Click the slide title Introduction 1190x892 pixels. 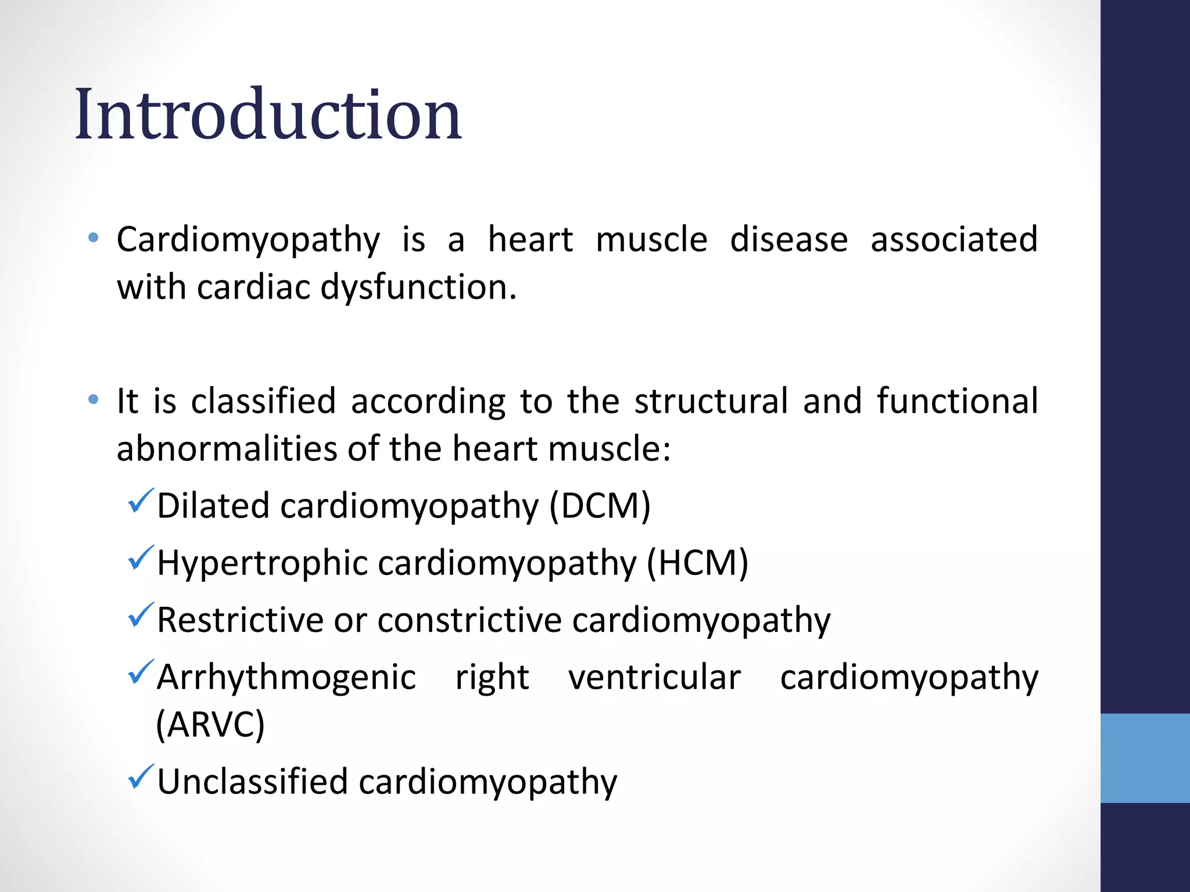268,114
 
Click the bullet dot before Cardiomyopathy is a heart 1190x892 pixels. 93,238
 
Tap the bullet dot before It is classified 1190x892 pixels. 93,399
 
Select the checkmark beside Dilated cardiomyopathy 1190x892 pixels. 140,501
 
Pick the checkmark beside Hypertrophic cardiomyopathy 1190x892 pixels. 140,557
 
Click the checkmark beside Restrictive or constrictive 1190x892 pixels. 140,614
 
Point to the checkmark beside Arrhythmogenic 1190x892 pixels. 140,671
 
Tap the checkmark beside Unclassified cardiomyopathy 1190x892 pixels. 140,776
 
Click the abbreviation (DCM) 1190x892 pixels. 600,506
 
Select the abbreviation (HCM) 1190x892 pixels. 697,563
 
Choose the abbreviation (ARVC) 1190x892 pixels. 210,725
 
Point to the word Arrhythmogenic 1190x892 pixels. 286,678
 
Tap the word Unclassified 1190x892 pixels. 252,781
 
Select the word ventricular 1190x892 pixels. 654,678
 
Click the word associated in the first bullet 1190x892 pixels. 954,239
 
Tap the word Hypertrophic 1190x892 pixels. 262,563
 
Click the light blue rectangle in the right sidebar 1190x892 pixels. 1145,758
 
